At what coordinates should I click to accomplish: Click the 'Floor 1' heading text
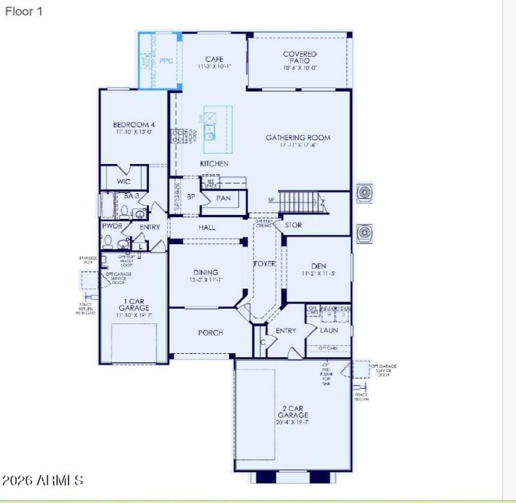[x=24, y=11]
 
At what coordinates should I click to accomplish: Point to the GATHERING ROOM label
[x=298, y=138]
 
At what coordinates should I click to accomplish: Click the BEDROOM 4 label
[x=134, y=125]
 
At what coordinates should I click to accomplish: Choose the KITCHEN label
[x=213, y=164]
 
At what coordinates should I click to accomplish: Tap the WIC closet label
[x=124, y=182]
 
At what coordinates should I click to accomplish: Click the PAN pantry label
[x=224, y=198]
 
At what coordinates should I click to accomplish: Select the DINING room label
[x=206, y=272]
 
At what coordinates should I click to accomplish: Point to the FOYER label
[x=264, y=264]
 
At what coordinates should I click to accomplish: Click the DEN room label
[x=319, y=266]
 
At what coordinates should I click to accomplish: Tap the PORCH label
[x=210, y=333]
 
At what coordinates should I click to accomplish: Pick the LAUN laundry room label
[x=329, y=331]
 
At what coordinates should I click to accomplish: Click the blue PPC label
[x=166, y=61]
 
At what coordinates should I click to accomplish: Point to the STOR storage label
[x=293, y=225]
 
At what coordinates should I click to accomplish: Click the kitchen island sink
[x=210, y=134]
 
